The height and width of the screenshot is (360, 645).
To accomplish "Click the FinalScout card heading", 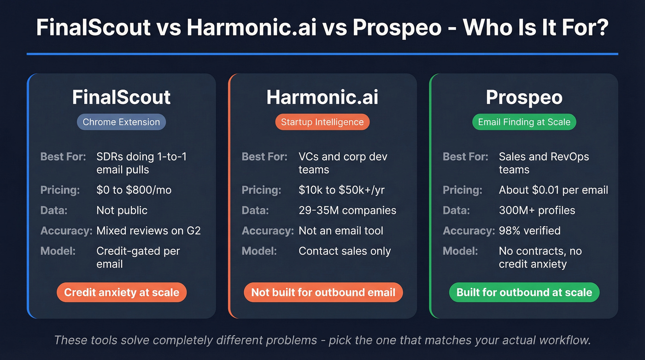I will coord(121,97).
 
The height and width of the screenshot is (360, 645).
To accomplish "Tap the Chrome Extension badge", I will coord(121,122).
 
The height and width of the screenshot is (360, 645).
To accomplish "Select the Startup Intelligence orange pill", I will coord(322,122).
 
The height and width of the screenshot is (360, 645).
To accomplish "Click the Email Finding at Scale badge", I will coord(524,122).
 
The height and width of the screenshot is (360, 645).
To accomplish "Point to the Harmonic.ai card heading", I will coord(322,97).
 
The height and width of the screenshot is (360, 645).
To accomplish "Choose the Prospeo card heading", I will coord(524,97).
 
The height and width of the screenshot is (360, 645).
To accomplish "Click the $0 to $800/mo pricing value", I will coord(134,190).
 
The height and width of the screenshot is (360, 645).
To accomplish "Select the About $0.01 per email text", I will coord(553,190).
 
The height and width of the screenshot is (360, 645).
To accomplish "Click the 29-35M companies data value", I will coord(347,210).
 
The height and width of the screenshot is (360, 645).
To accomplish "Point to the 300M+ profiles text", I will coord(537,210).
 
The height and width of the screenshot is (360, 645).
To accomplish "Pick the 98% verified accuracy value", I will coord(529,230).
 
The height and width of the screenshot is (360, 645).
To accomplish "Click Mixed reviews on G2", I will coord(148,230).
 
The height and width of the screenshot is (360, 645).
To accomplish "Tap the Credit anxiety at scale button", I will coord(121,292).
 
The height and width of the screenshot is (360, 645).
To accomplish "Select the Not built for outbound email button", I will coord(323,292).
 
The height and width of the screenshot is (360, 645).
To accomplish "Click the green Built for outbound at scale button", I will coord(524,292).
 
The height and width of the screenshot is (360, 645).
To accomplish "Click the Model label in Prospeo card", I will coord(460,251).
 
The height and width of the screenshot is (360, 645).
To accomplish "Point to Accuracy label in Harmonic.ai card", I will coord(267,230).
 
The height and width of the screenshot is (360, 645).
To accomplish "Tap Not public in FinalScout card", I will coord(122,210).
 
